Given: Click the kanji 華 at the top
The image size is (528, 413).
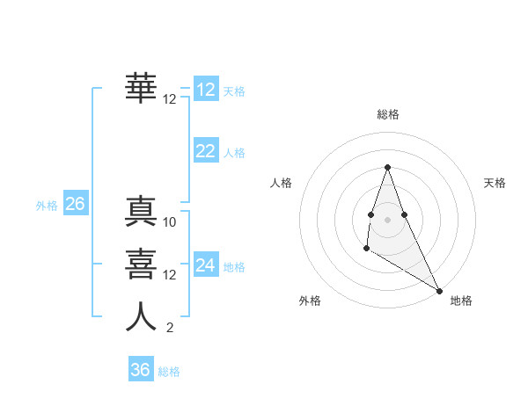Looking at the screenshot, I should pos(142,86).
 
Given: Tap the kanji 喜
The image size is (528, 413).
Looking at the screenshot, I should pos(142,263).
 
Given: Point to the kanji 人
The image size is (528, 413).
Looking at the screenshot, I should pos(142,315).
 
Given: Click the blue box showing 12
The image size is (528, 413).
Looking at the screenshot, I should pos(206,90).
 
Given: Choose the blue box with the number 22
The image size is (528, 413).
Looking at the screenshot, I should pos(206,151).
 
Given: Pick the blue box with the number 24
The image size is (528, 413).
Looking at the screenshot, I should pos(206,265).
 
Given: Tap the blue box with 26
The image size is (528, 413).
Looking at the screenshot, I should pos(75,204).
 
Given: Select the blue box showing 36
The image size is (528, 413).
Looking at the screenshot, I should pos(141,370).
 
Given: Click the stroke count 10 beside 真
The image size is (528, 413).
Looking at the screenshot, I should pos(170,222).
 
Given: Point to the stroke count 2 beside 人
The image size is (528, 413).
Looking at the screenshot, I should pos(170,329).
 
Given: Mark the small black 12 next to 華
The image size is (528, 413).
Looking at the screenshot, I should pos(170,99).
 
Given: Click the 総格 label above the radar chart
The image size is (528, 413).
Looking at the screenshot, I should pos(387,114).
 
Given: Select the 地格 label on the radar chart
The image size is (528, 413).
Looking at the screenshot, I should pos(461,301).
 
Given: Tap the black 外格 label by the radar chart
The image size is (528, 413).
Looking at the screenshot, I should pos(310,301).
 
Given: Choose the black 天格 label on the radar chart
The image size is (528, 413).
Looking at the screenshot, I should pos(495,183).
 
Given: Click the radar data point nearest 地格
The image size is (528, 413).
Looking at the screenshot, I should pos(440,291).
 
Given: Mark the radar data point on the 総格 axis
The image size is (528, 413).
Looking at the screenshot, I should pos(387,168).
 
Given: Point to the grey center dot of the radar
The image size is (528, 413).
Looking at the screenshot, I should pos(387,219).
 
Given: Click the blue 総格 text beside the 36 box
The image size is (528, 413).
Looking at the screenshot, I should pos(169,371).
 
